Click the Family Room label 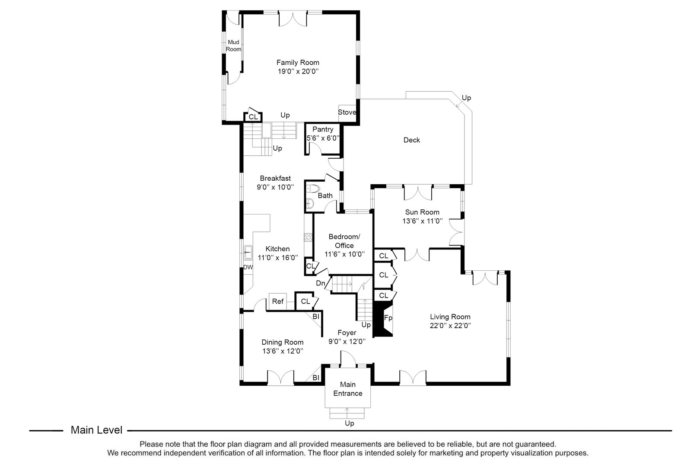point(298,62)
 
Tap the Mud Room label point(234,45)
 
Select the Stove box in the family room point(347,112)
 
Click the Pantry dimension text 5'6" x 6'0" point(323,138)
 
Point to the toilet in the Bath point(312,189)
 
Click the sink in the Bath point(310,203)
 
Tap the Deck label point(411,140)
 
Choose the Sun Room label point(422,212)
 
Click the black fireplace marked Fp point(382,319)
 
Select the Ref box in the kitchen point(278,301)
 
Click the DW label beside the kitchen point(248,267)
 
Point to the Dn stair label point(320,283)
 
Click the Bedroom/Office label point(344,241)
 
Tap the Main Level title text point(96,430)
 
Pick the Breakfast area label point(275,178)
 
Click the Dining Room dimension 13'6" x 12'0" point(282,351)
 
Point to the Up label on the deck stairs point(466,98)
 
